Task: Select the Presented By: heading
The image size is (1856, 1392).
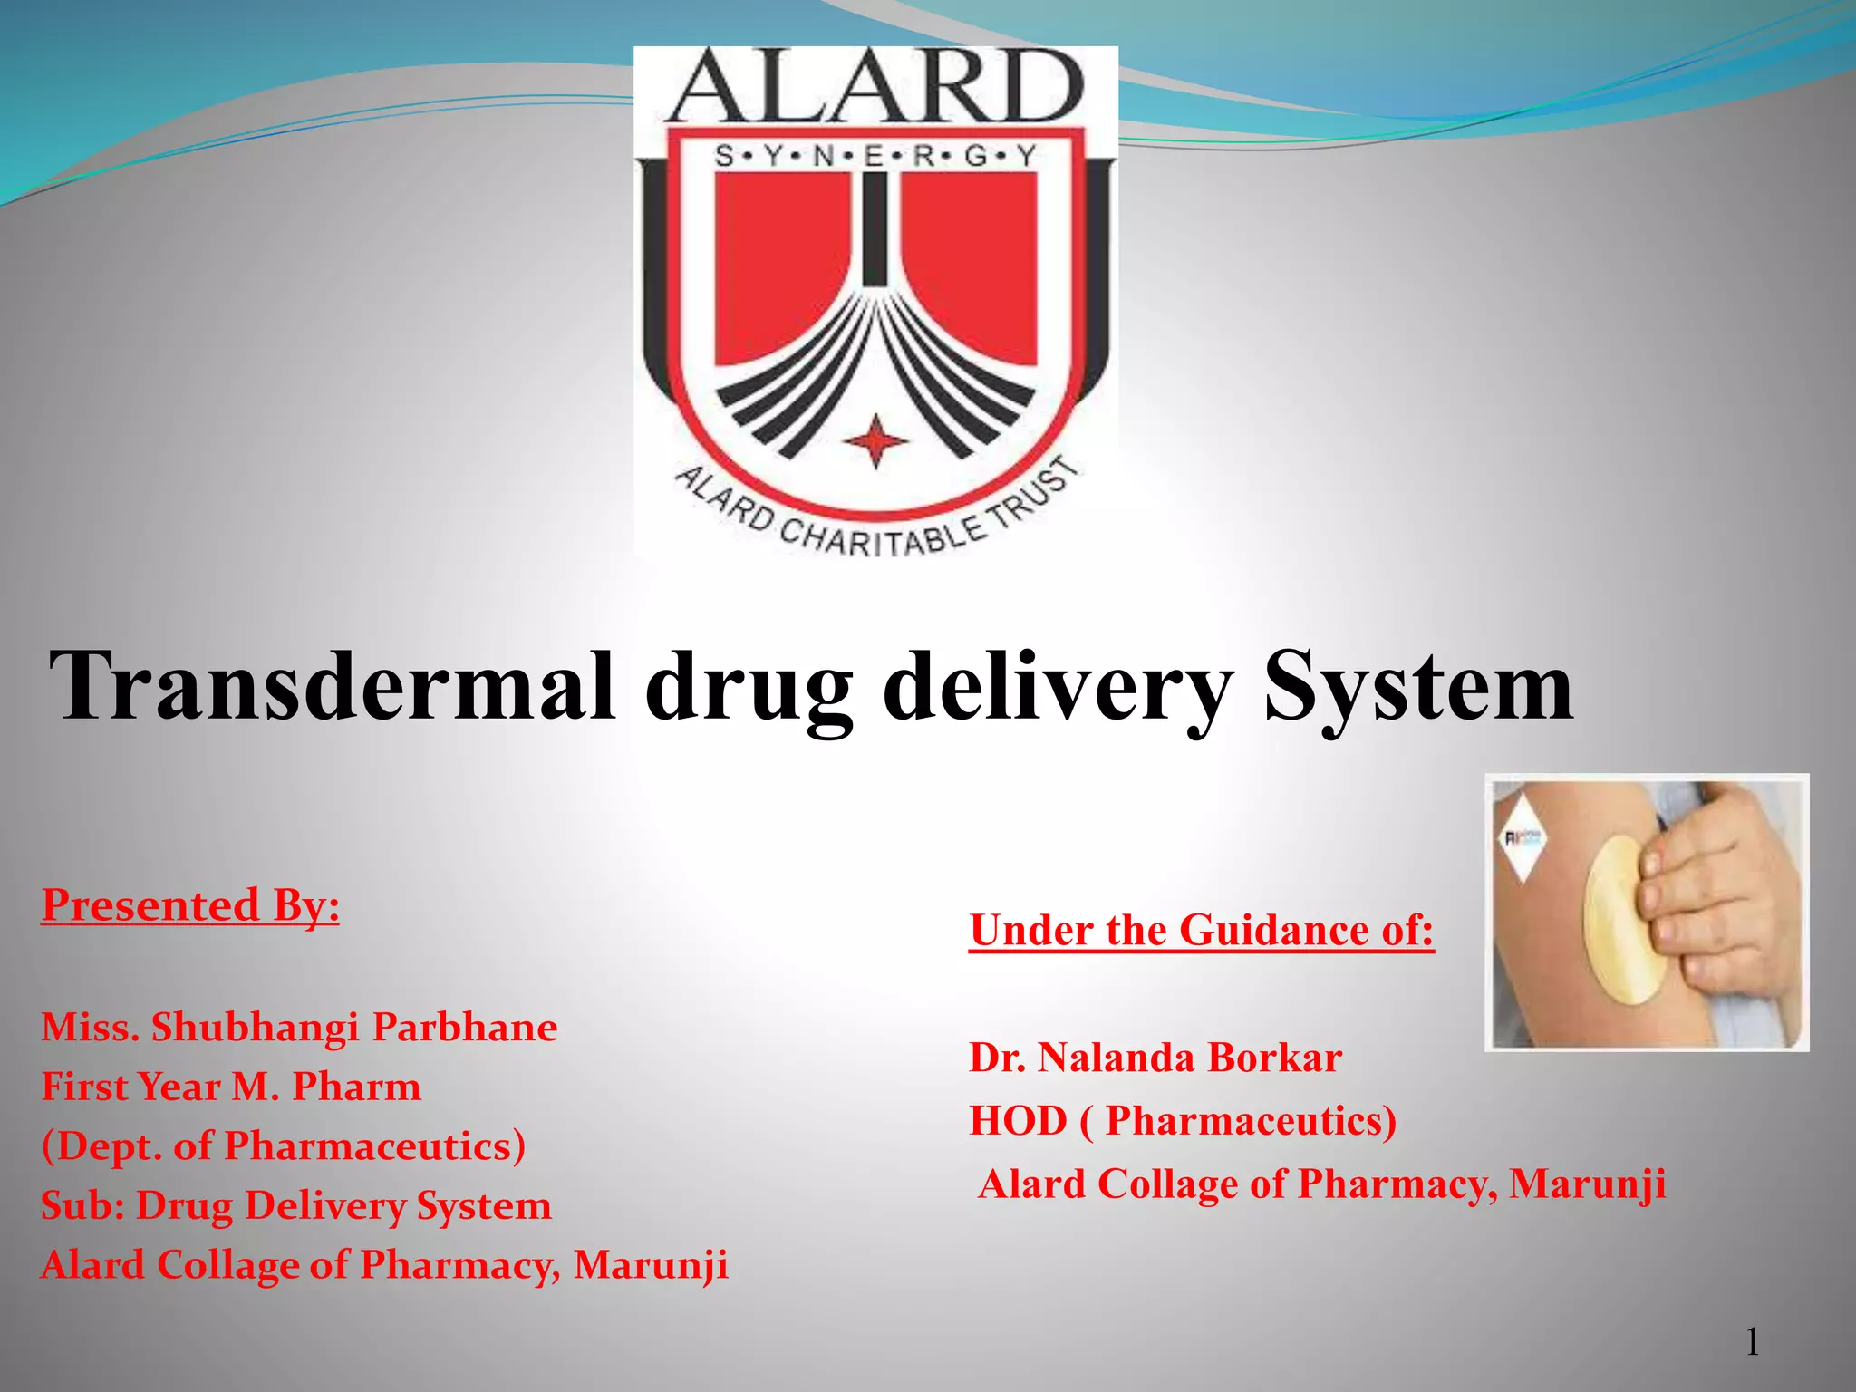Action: coord(190,905)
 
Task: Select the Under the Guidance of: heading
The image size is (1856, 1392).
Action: coord(1202,931)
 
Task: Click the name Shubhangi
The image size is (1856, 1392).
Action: coord(256,1028)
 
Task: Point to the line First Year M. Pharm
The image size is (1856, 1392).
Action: coord(231,1087)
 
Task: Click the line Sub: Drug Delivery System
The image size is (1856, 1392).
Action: coord(296,1206)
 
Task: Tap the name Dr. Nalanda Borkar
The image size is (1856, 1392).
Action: coord(1155,1058)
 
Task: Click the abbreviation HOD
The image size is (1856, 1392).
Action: coord(1018,1122)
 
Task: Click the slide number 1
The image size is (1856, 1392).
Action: coord(1753,1342)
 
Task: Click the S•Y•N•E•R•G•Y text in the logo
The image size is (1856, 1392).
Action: coord(875,157)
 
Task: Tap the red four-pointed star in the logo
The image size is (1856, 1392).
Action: coord(875,441)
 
